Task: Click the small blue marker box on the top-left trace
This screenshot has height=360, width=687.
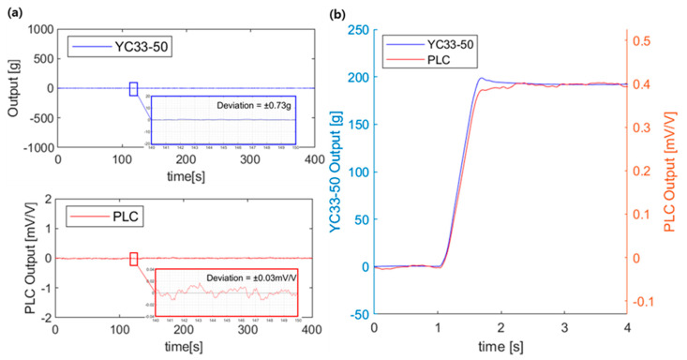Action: pyautogui.click(x=134, y=89)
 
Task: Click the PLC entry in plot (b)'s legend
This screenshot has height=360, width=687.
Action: pyautogui.click(x=432, y=61)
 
